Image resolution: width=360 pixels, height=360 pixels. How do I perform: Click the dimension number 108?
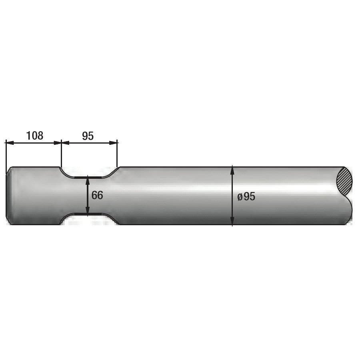click(x=35, y=136)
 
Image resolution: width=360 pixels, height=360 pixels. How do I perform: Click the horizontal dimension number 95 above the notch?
click(x=88, y=136)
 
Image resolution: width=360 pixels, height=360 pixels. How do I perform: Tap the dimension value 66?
click(x=97, y=195)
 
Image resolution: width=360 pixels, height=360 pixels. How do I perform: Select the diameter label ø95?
click(x=246, y=196)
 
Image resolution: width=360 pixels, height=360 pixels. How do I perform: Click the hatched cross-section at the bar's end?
click(x=344, y=181)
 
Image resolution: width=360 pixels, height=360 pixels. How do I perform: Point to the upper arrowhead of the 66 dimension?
click(x=88, y=181)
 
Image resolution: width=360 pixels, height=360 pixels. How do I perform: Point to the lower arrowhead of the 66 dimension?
click(x=88, y=210)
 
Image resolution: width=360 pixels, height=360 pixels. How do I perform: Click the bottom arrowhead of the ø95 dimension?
click(x=232, y=220)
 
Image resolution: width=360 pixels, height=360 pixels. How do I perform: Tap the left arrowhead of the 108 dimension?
click(x=10, y=143)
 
